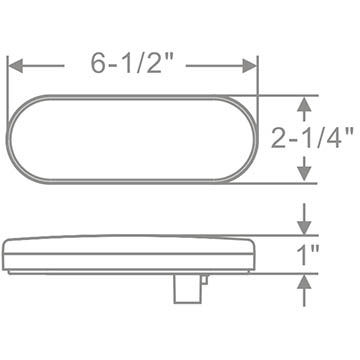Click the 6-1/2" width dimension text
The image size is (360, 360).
pos(133,63)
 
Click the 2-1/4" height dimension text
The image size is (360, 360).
pos(312,137)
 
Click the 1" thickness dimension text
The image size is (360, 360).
pos(308,254)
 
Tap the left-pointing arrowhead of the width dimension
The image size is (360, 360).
pos(15,66)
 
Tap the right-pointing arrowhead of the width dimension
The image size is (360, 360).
pos(250,66)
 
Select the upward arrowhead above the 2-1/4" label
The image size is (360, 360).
pos(304,104)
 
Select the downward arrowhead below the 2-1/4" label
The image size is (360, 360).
pos(304,174)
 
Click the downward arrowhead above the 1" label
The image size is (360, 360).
pos(304,228)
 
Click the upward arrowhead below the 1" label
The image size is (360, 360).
pos(304,282)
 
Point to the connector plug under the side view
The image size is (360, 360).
pos(188,288)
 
